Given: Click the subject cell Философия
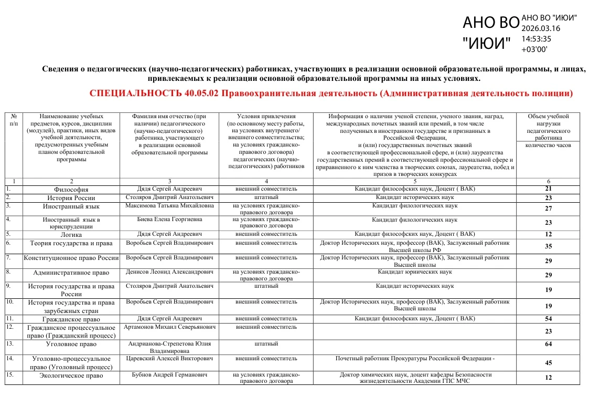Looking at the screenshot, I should (71, 190).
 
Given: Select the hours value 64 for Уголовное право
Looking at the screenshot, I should (548, 345).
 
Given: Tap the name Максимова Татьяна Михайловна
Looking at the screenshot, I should (169, 206).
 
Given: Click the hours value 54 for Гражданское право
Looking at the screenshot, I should (548, 319).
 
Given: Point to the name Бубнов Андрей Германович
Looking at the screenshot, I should (169, 375).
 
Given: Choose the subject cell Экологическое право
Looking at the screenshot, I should (71, 376).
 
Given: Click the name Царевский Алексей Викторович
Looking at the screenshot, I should (169, 358).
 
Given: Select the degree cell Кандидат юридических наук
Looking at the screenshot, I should (414, 272).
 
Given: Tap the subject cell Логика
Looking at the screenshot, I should (71, 235).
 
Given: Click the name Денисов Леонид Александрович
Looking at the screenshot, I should (169, 272).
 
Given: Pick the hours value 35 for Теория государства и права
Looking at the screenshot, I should (548, 246).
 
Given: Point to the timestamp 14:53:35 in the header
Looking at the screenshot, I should (536, 38).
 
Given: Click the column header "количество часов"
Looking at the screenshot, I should (548, 145).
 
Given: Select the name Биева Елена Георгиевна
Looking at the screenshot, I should (169, 219).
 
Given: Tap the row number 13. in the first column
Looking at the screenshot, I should (9, 343).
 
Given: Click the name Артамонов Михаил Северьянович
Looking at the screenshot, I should (169, 327).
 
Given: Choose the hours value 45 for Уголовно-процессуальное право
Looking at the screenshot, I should (548, 362).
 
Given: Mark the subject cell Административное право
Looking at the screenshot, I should (71, 273).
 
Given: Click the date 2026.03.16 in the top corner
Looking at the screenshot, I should (540, 28).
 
